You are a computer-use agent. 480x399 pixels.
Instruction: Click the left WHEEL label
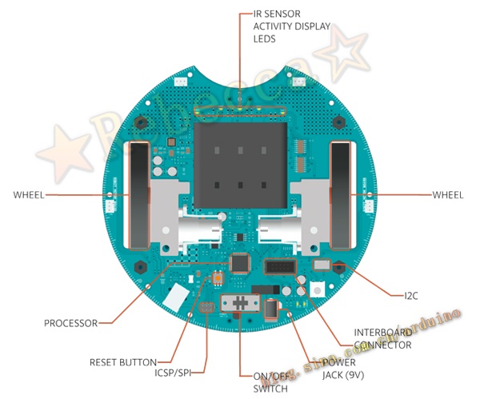coord(29,194)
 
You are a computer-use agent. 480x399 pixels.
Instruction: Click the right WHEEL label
coord(447,194)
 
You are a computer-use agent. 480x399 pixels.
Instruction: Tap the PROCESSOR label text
coord(70,323)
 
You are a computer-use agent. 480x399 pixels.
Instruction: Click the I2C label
coord(410,296)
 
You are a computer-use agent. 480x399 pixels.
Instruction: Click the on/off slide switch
coord(240,303)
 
